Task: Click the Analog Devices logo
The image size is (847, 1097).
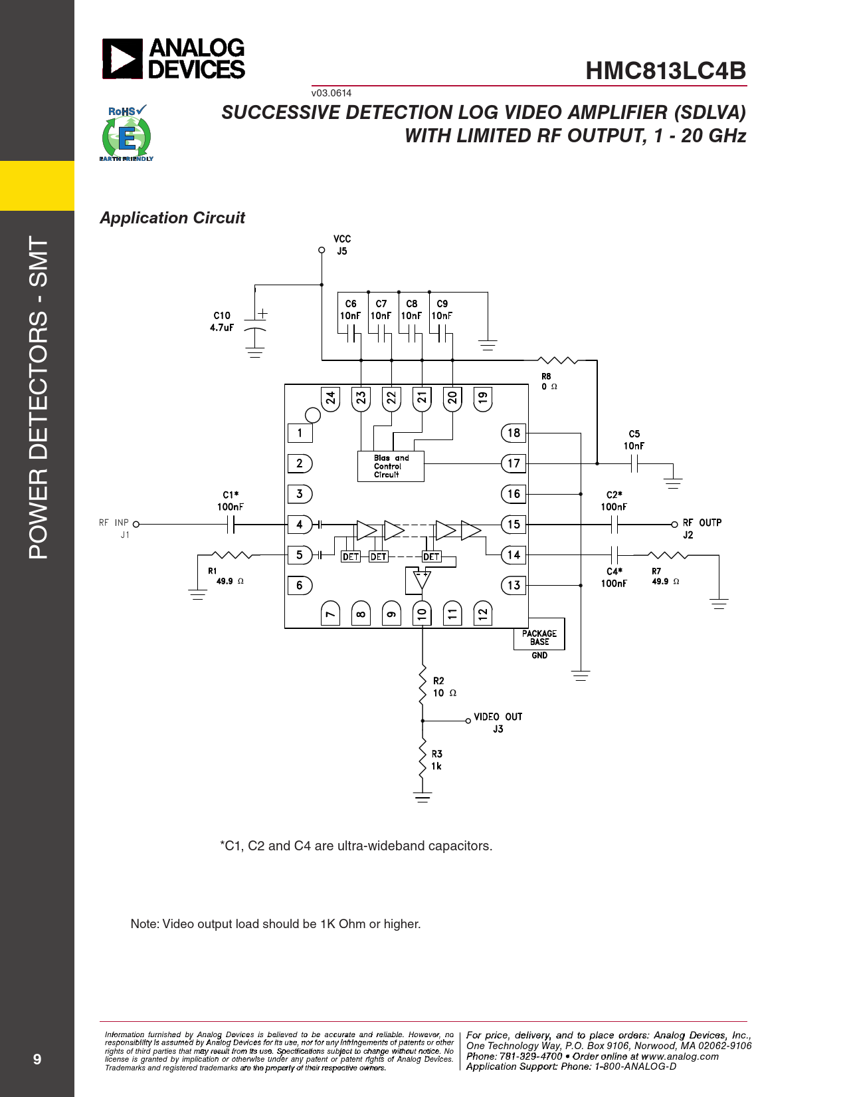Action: pyautogui.click(x=173, y=59)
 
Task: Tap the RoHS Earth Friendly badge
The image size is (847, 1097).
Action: pyautogui.click(x=126, y=133)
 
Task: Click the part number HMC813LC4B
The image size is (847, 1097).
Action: pyautogui.click(x=666, y=71)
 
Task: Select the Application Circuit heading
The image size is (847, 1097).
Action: pyautogui.click(x=172, y=218)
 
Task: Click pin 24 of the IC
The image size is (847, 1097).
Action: pyautogui.click(x=330, y=398)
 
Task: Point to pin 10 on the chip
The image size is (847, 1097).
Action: pyautogui.click(x=422, y=614)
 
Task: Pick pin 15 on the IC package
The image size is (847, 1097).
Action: pyautogui.click(x=514, y=524)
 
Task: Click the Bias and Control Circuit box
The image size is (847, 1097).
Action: pyautogui.click(x=390, y=466)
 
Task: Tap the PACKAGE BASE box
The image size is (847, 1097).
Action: pyautogui.click(x=539, y=638)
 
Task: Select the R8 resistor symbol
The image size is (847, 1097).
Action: pyautogui.click(x=557, y=360)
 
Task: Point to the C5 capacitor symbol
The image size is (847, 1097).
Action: pyautogui.click(x=634, y=463)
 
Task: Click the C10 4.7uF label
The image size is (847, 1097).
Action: pyautogui.click(x=222, y=322)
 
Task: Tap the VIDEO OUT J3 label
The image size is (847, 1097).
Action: pyautogui.click(x=498, y=723)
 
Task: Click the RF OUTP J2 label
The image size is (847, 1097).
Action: pyautogui.click(x=701, y=529)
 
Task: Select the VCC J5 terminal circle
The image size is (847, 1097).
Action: pyautogui.click(x=322, y=251)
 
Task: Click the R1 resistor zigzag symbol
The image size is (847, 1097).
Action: pyautogui.click(x=230, y=554)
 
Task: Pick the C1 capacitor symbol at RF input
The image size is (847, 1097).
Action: pyautogui.click(x=231, y=525)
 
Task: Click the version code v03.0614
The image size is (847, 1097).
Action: pyautogui.click(x=331, y=93)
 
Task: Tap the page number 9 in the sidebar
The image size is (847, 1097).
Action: pyautogui.click(x=37, y=1059)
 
